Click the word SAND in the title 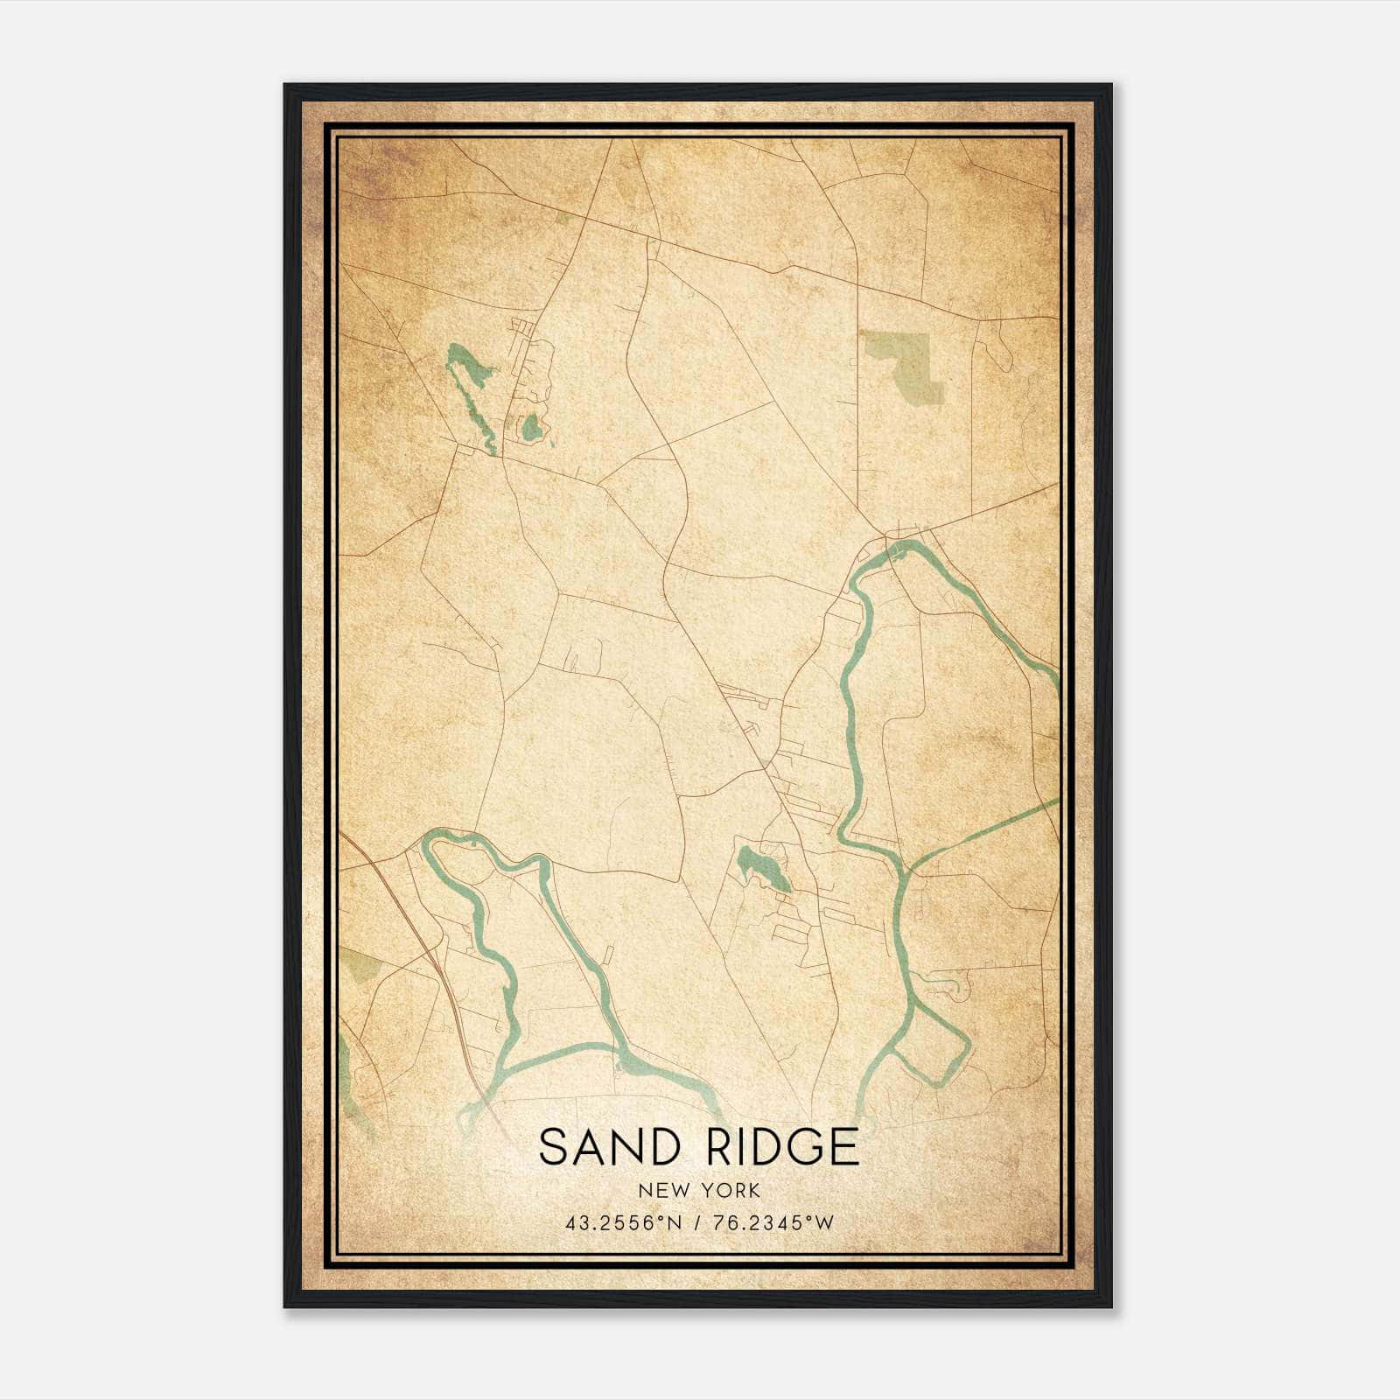coord(598,1146)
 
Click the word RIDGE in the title coord(781,1146)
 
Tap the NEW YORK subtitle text coord(699,1191)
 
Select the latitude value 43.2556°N coord(623,1223)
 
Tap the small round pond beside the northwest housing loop coord(530,428)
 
